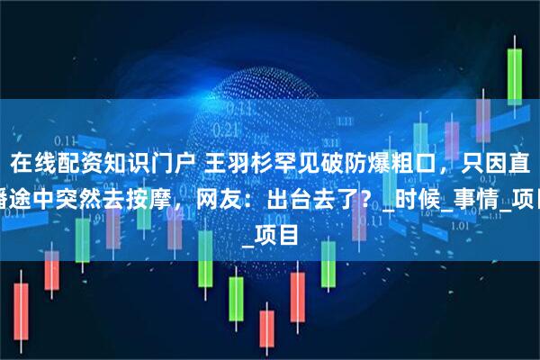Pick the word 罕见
point(286,164)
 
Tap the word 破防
point(328,164)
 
